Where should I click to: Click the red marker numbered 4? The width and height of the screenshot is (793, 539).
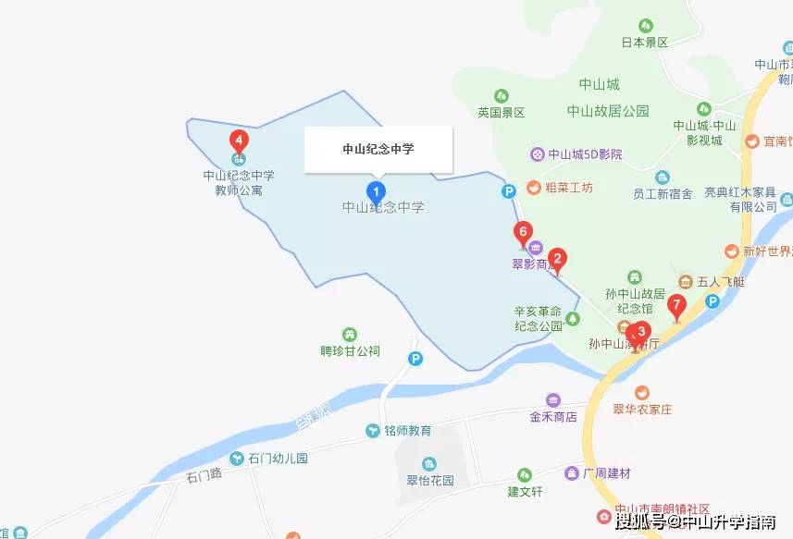pos(240,141)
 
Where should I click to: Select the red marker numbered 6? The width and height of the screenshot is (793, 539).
pos(524,232)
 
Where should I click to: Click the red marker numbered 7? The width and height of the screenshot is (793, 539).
pos(676,304)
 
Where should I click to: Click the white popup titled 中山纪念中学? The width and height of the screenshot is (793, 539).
pos(378,149)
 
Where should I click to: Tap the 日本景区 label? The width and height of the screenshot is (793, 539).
pos(644,43)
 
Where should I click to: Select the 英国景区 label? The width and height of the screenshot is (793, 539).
pos(501,112)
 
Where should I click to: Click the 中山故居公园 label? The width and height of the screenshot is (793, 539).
pos(608,111)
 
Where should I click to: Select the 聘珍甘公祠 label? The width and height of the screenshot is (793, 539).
pos(350,351)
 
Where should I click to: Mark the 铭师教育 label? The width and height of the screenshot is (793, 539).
pos(408,431)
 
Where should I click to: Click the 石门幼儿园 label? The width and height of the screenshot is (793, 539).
pos(277,459)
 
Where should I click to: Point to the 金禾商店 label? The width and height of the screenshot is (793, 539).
pos(553,417)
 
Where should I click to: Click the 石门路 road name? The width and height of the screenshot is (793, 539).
pos(204,477)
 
